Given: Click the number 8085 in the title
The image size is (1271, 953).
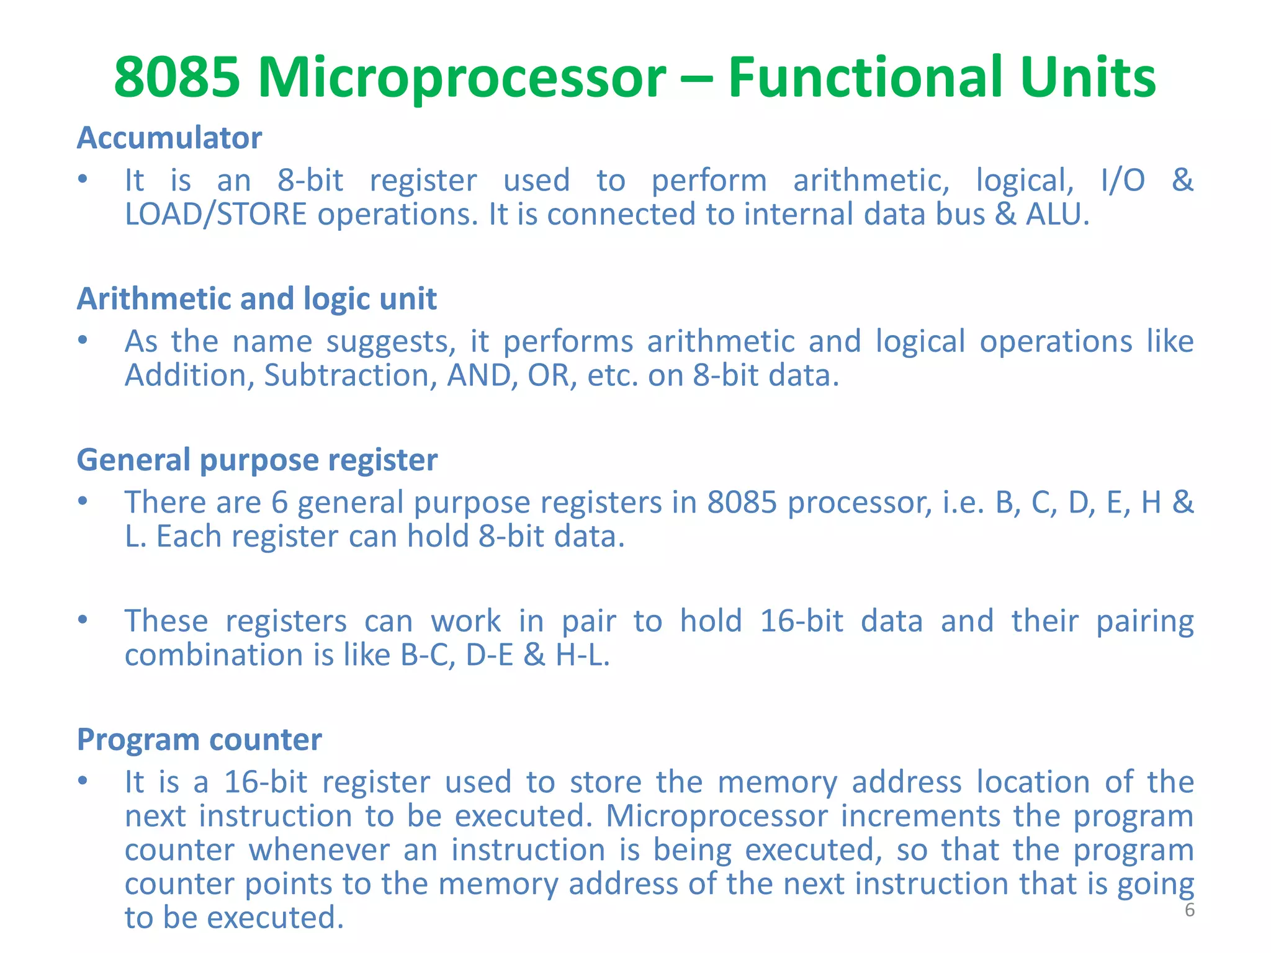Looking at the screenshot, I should tap(177, 78).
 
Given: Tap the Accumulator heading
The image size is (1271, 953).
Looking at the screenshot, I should tap(169, 138).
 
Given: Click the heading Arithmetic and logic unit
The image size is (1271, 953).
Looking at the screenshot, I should tap(256, 299).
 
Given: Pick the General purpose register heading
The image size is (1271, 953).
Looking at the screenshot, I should tap(256, 460).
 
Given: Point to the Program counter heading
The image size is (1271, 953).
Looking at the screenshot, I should tap(199, 740).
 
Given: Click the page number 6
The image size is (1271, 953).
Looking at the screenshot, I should tap(1189, 910).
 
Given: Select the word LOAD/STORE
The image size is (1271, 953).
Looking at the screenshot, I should tap(215, 215).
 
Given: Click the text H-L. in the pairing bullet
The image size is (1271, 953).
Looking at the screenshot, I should tap(583, 655).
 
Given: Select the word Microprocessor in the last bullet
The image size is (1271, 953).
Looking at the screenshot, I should tap(716, 817).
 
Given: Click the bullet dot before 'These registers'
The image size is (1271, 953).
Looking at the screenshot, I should tap(83, 620).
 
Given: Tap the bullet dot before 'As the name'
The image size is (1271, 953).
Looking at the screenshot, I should tap(83, 341).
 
